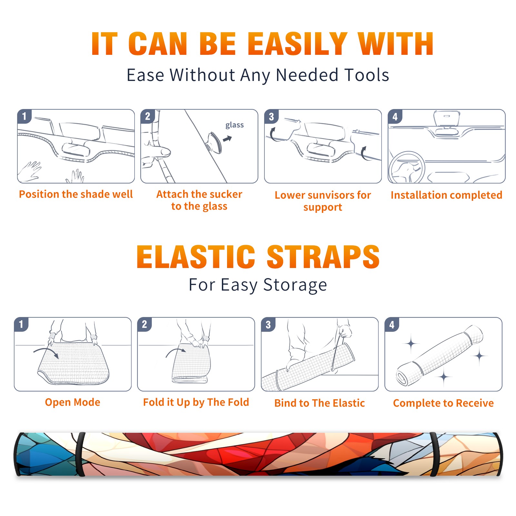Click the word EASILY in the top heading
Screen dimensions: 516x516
(297, 44)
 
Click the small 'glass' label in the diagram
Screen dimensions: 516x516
(234, 125)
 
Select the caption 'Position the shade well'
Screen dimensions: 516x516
(76, 194)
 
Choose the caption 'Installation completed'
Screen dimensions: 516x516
(446, 195)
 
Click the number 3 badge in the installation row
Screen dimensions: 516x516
(271, 116)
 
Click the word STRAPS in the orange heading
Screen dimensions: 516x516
(323, 257)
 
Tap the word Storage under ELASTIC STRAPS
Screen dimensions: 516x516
(295, 285)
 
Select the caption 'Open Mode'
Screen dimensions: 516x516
(73, 402)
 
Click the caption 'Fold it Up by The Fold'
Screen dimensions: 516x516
(196, 402)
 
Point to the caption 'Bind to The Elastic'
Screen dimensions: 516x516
(320, 403)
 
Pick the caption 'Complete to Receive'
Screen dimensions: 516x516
(443, 403)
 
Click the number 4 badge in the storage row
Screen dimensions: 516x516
(392, 324)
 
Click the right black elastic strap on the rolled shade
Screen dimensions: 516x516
(434, 454)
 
